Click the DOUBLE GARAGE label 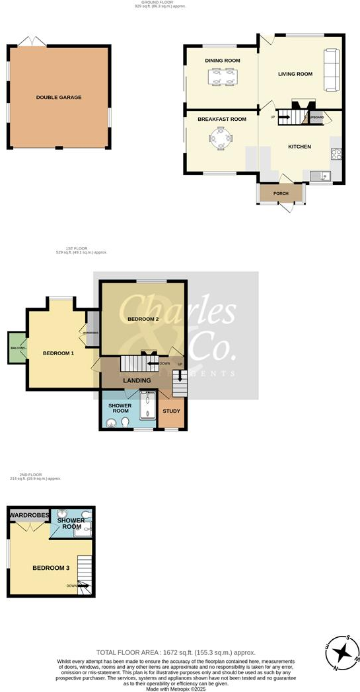(59, 98)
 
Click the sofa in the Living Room (330, 70)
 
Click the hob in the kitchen (336, 155)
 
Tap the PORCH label (281, 193)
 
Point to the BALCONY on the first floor (17, 347)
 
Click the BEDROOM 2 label (143, 320)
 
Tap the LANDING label (137, 380)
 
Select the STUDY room (171, 412)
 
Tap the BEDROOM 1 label (58, 353)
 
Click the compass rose (342, 652)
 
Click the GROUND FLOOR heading (160, 3)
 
